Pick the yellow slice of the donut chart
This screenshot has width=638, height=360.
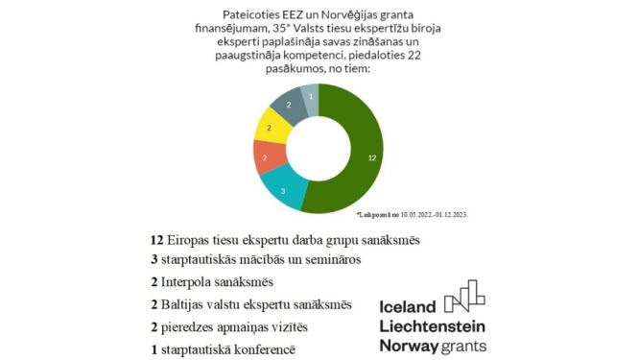tap(270, 128)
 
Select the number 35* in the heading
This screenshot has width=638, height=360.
tap(291, 31)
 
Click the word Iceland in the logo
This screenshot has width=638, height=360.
tap(408, 306)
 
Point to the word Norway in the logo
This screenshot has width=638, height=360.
tap(411, 346)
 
